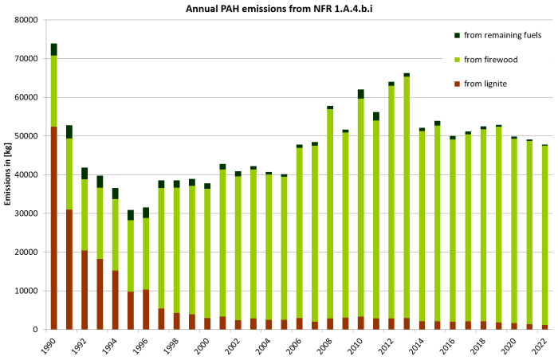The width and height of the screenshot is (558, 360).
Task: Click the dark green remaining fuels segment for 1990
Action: point(54,49)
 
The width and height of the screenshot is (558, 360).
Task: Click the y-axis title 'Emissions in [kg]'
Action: point(9,174)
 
